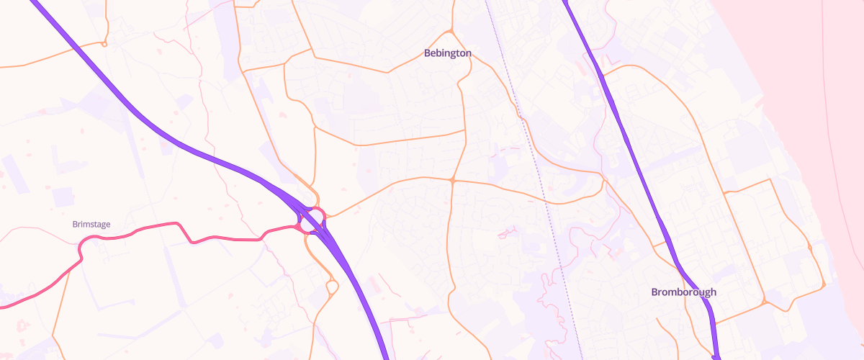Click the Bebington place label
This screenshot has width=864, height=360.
tap(447, 53)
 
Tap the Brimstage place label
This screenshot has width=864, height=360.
tap(91, 225)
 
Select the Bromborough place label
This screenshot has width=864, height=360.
tap(683, 292)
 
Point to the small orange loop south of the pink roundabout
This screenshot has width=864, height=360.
tap(331, 287)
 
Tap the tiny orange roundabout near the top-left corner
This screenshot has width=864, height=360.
tap(104, 45)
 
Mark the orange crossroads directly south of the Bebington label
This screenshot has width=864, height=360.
tap(452, 180)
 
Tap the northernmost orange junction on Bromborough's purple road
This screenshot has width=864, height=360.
tap(602, 73)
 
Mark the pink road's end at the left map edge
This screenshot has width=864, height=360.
tap(2, 307)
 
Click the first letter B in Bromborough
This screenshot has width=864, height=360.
tap(654, 292)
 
